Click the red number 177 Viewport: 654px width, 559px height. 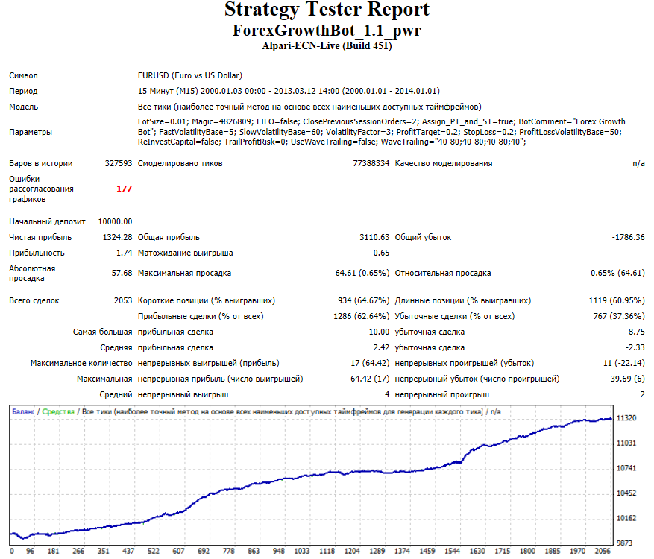click(125, 189)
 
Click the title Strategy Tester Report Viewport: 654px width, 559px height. click(327, 10)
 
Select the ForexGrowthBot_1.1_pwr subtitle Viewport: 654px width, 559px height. click(327, 31)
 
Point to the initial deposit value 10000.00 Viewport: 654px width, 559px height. click(115, 222)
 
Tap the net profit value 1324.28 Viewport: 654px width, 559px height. click(117, 237)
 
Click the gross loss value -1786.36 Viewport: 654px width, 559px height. click(628, 237)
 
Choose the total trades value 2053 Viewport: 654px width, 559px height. click(123, 300)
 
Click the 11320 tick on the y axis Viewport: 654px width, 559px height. click(626, 418)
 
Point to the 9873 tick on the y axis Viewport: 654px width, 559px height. click(625, 543)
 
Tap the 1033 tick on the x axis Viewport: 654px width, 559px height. click(302, 551)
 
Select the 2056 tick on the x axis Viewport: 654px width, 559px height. click(603, 551)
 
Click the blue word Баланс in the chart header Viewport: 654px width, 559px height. click(23, 412)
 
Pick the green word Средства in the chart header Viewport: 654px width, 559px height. click(58, 412)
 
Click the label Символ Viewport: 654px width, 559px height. click(23, 75)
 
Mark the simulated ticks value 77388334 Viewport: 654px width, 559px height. click(371, 163)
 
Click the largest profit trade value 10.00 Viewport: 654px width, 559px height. click(379, 332)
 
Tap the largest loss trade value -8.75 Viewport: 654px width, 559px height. click(635, 332)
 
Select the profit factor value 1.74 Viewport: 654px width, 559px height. click(125, 253)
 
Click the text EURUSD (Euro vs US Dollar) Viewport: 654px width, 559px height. click(190, 75)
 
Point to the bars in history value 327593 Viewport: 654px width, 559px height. click(119, 163)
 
